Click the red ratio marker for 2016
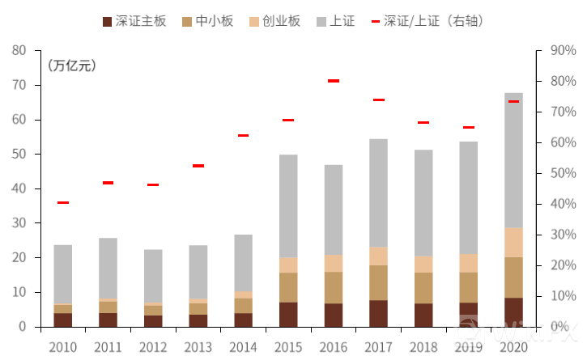pyautogui.click(x=333, y=81)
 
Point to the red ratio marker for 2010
pyautogui.click(x=63, y=202)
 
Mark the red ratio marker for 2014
pyautogui.click(x=243, y=135)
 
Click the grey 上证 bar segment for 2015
pyautogui.click(x=288, y=206)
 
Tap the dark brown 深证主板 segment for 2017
pyautogui.click(x=378, y=313)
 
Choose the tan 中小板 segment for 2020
pyautogui.click(x=513, y=277)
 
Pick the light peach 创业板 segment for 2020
pyautogui.click(x=513, y=243)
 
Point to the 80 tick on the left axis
pyautogui.click(x=19, y=50)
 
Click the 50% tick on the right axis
pyautogui.click(x=561, y=173)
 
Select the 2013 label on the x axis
pyautogui.click(x=198, y=347)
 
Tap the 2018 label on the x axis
pyautogui.click(x=423, y=347)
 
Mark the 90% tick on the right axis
pyautogui.click(x=561, y=50)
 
